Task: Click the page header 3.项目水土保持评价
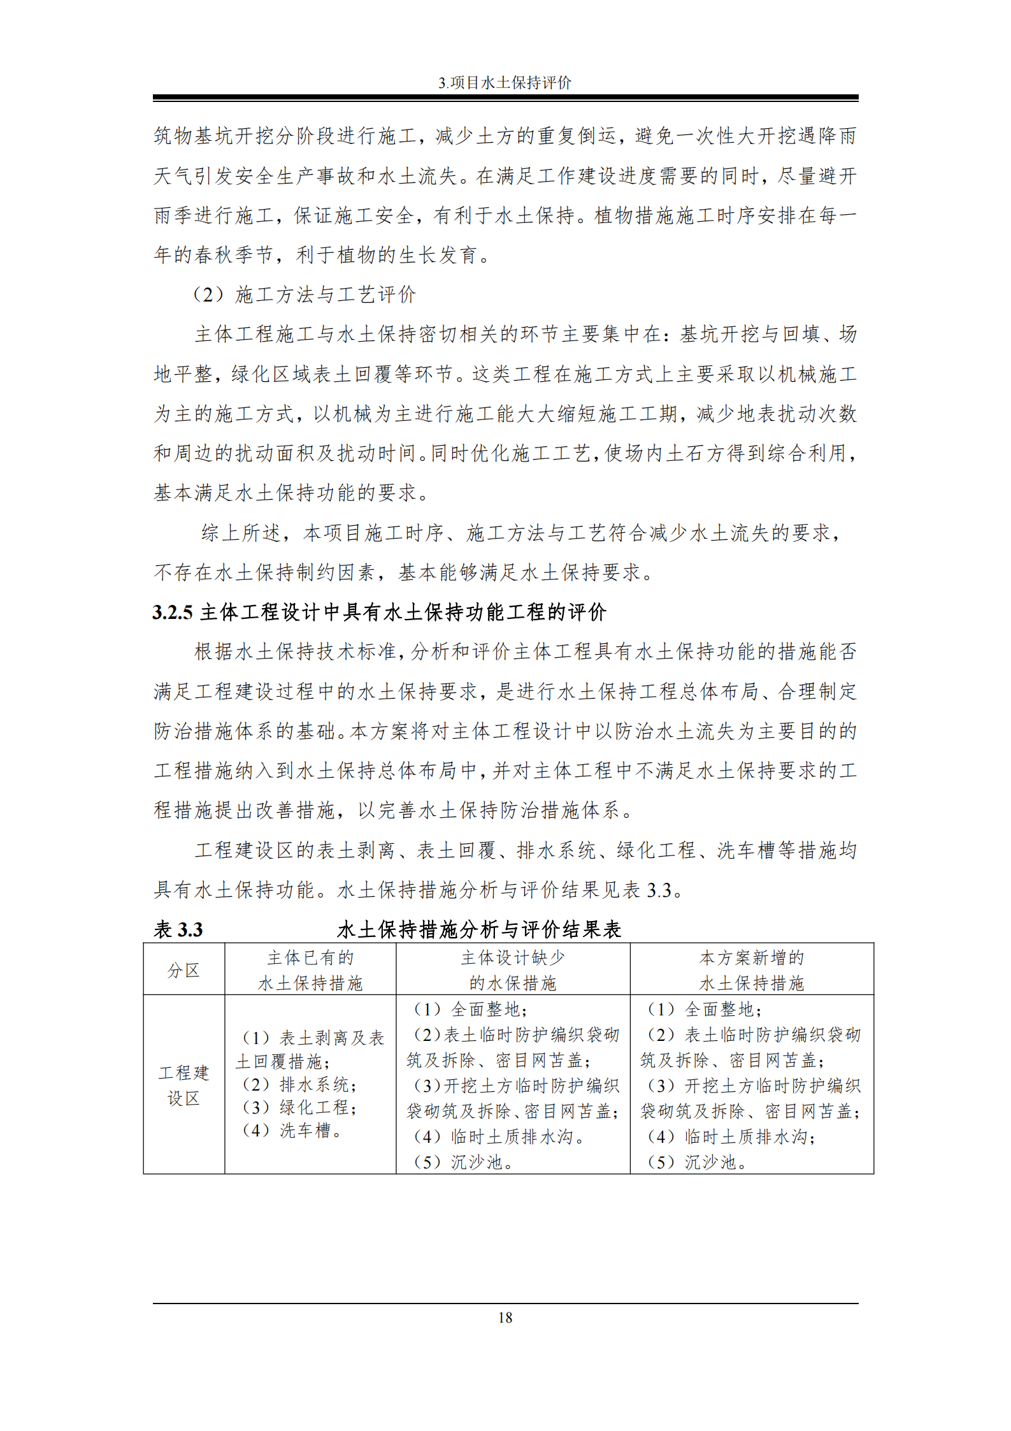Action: tap(505, 83)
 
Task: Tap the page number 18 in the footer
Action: tap(505, 1318)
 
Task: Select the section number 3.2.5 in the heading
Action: tap(173, 613)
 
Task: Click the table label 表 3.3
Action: tap(178, 930)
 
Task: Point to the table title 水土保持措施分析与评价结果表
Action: tap(479, 930)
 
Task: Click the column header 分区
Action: tap(183, 970)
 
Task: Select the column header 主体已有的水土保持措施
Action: tap(310, 970)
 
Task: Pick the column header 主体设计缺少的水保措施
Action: tap(513, 970)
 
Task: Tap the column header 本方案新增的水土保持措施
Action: tap(752, 970)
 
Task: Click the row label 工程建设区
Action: tap(183, 1086)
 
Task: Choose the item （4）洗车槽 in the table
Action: tap(293, 1131)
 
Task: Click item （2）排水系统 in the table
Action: tap(299, 1085)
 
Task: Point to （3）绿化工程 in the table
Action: tap(299, 1108)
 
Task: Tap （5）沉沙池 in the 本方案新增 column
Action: tap(698, 1162)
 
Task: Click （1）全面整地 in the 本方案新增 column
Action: tap(705, 1009)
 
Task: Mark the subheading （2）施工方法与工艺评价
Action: tap(305, 294)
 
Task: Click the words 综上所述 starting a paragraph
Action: tap(241, 533)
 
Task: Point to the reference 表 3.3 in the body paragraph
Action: tap(646, 890)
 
